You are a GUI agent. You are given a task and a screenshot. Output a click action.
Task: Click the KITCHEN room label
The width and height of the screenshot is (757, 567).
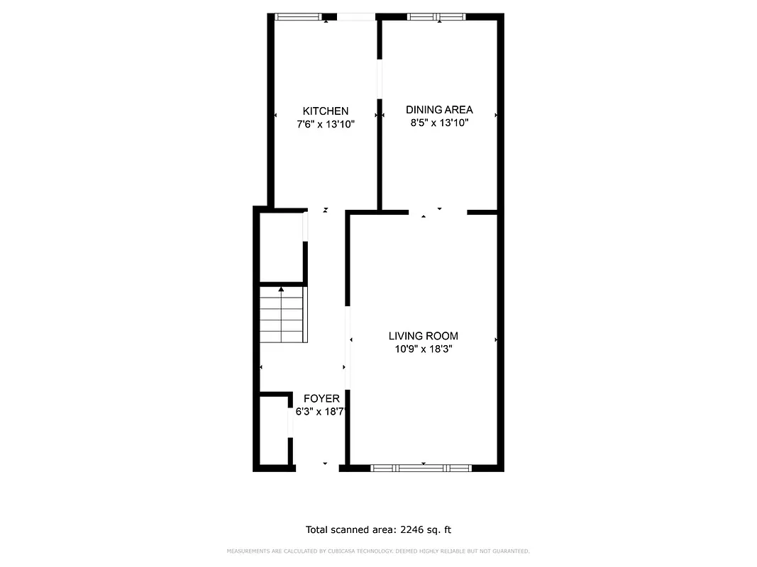point(326,111)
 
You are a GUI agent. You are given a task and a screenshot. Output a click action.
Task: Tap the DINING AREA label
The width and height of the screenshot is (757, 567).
point(439,110)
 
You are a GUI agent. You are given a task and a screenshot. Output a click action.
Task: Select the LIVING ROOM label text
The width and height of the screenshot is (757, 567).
point(423,336)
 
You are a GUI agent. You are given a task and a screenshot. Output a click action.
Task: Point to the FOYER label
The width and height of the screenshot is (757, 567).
point(321,399)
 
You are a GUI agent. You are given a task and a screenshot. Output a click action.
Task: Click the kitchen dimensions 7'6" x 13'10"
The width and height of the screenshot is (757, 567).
point(326,124)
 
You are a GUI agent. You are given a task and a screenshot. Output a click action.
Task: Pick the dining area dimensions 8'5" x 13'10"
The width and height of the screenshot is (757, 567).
point(439,123)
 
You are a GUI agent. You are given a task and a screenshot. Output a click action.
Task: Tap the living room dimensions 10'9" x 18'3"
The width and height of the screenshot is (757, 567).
point(423,349)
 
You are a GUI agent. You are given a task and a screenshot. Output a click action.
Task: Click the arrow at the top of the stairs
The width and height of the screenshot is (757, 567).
point(282,289)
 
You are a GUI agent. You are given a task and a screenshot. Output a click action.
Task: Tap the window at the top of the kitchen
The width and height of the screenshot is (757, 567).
point(297,17)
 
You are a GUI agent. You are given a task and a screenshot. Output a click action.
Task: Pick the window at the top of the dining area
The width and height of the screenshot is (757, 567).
point(436,17)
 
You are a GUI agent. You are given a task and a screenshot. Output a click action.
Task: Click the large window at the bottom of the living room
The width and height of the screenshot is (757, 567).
point(421,468)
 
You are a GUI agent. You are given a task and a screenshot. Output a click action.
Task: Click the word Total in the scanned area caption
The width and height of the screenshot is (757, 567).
point(318,529)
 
